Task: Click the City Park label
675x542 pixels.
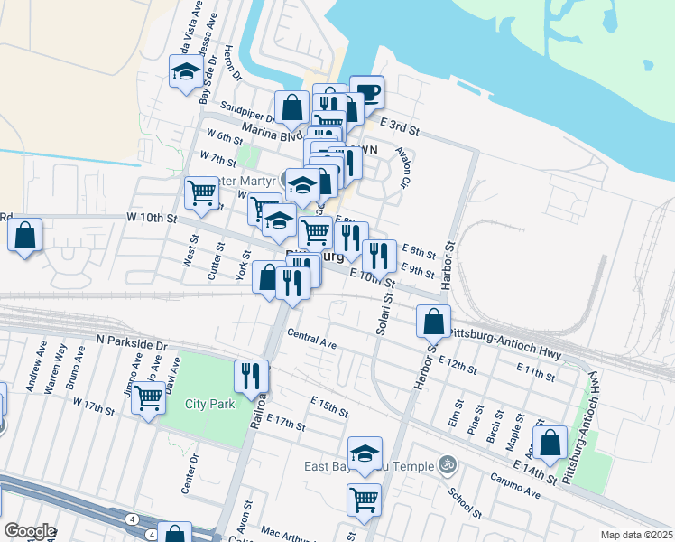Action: coord(210,404)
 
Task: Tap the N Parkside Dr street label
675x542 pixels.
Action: coord(132,344)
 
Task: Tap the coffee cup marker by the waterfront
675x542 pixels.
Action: coord(366,91)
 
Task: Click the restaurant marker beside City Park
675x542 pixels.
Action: coord(251,375)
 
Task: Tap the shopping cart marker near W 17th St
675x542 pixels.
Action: coord(148,398)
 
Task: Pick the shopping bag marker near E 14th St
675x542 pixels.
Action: coord(550,443)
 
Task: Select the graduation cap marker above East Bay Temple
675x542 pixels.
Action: coord(365,453)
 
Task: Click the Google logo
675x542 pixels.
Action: coord(30,531)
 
